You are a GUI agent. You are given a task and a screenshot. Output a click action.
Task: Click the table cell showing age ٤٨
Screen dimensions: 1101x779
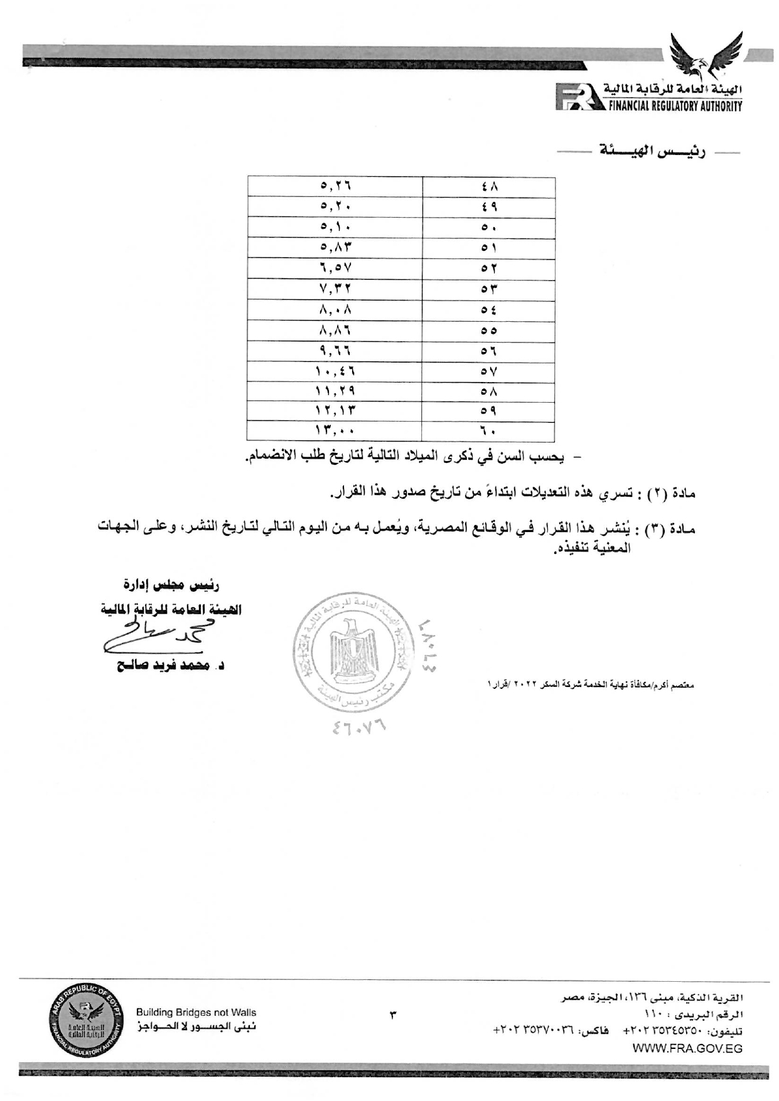click(489, 187)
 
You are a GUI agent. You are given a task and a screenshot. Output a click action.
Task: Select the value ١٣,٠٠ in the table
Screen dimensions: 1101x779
click(335, 432)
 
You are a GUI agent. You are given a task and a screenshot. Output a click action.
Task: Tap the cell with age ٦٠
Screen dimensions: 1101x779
click(489, 432)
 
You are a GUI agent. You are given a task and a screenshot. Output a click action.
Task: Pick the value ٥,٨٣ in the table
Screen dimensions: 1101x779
click(335, 248)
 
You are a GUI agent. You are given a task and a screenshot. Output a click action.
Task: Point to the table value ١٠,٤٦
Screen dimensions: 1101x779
click(335, 371)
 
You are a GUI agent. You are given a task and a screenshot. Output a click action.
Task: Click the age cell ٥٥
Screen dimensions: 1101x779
click(489, 331)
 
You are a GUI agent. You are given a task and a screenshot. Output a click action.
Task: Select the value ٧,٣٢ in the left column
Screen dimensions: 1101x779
click(335, 289)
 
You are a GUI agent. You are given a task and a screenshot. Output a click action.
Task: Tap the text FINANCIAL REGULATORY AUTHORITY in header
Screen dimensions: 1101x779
click(674, 107)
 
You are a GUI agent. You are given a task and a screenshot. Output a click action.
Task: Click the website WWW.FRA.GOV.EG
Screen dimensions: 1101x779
click(687, 1048)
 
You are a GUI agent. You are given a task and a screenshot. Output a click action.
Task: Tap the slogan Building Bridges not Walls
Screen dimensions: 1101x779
click(196, 1013)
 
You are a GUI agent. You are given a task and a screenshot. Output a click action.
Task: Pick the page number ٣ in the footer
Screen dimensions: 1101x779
click(394, 1014)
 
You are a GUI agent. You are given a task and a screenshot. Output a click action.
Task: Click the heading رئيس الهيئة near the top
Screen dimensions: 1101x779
click(650, 152)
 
